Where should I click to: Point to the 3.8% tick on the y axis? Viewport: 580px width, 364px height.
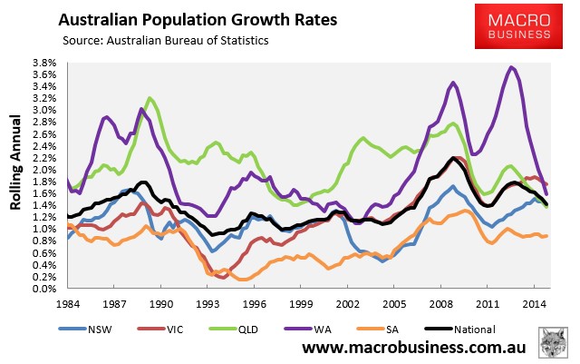pyautogui.click(x=44, y=64)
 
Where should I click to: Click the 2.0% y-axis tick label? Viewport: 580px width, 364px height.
pyautogui.click(x=44, y=170)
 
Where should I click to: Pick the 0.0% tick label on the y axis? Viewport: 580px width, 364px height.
pyautogui.click(x=44, y=289)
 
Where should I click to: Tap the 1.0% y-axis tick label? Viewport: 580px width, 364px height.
pyautogui.click(x=44, y=230)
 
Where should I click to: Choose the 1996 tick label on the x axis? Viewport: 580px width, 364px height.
pyautogui.click(x=253, y=301)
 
